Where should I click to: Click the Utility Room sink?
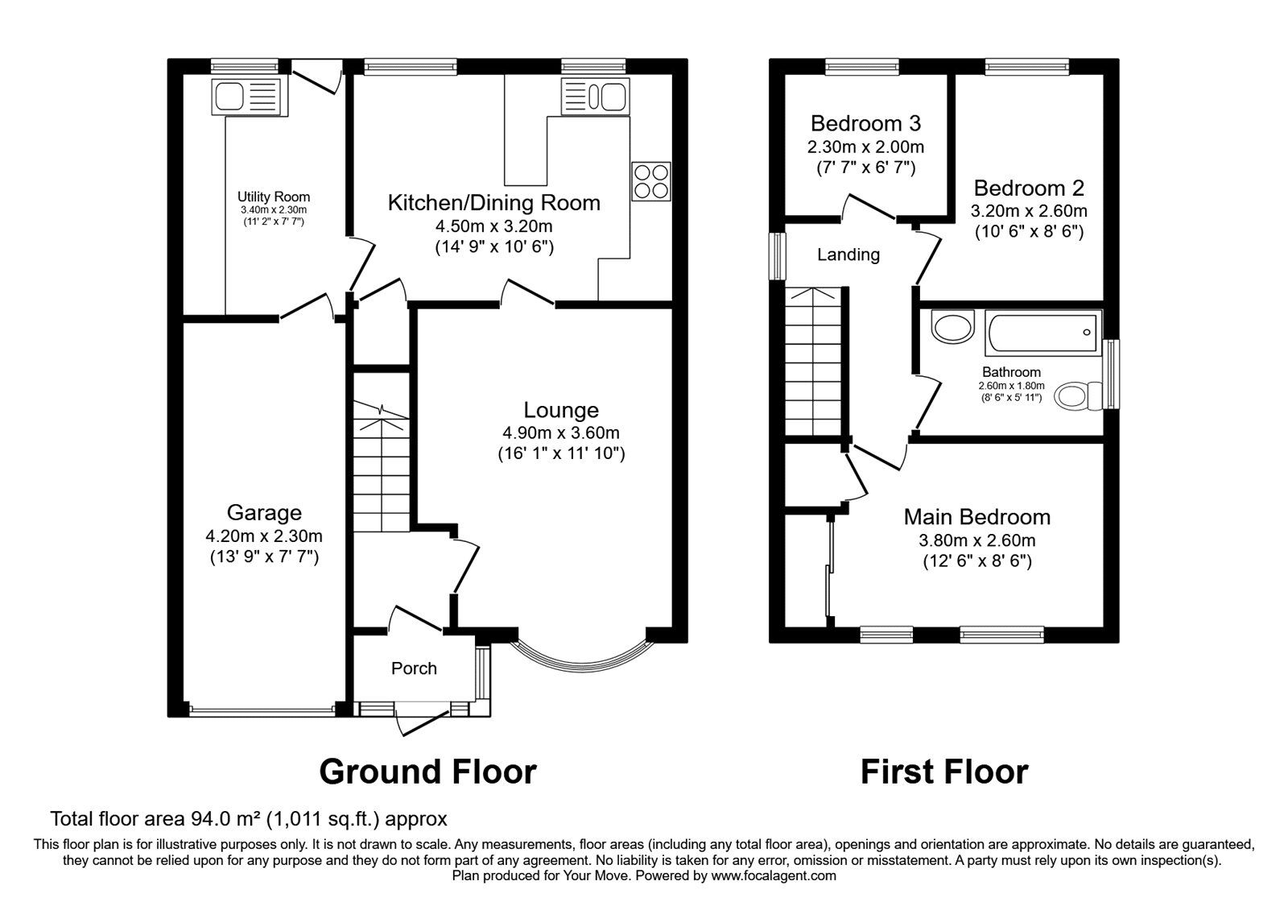[247, 97]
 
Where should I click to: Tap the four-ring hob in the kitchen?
[651, 181]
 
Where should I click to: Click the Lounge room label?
[561, 410]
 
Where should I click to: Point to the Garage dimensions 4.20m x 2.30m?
[264, 536]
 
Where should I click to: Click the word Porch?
[414, 668]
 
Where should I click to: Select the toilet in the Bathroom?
[1079, 395]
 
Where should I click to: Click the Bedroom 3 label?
[865, 123]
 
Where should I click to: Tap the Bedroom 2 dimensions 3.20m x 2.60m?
[1030, 211]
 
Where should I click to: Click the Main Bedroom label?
[976, 516]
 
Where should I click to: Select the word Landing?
[848, 254]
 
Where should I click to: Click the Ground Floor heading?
[427, 772]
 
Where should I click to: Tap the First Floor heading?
[943, 772]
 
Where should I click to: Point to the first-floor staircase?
[813, 362]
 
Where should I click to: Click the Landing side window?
[778, 256]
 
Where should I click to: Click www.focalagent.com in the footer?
[774, 875]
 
